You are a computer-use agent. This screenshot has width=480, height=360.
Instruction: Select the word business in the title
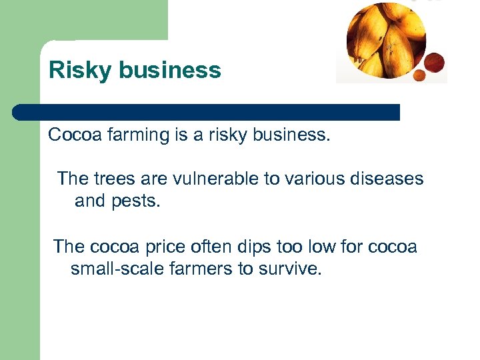[x=170, y=71]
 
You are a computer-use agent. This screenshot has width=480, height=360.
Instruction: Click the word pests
[x=136, y=201]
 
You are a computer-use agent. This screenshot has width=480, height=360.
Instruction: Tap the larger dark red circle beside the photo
[x=434, y=63]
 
